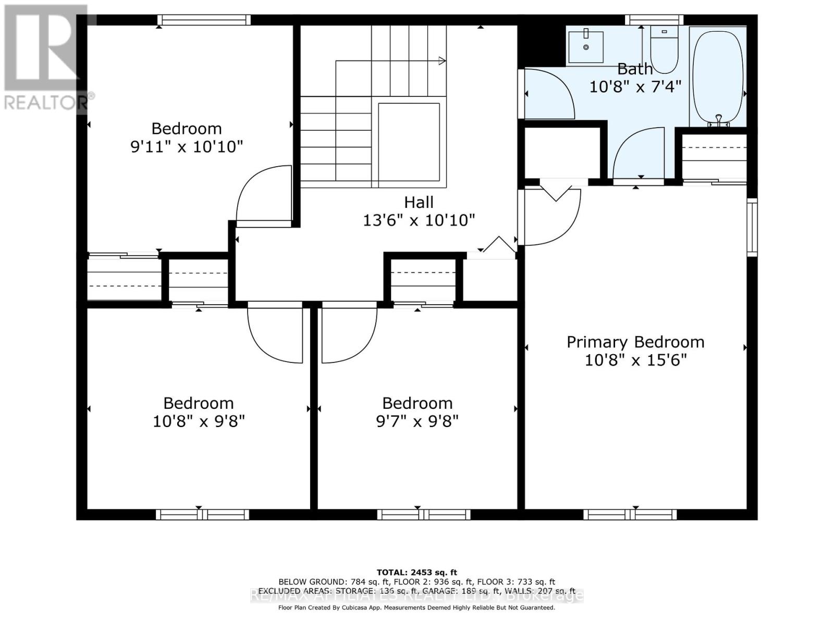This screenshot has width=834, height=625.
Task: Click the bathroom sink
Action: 586,47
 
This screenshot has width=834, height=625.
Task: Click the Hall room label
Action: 419,202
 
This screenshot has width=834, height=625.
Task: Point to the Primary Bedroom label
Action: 635,342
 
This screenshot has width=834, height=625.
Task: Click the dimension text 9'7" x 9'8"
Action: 417,421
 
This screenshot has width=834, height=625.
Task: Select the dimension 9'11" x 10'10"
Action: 187,146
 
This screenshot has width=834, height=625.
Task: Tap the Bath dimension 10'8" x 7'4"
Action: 635,86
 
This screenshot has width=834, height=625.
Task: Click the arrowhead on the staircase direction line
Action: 443,61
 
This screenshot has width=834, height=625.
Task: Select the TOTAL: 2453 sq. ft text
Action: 416,572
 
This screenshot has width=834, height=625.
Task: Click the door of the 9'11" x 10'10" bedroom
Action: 263,195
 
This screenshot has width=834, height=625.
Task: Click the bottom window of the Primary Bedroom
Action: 630,515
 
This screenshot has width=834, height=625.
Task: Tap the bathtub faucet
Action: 719,121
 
